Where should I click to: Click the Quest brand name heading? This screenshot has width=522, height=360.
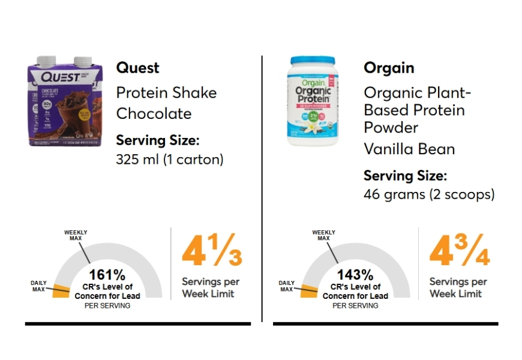click(x=138, y=68)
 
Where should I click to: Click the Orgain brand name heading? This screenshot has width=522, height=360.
click(x=389, y=68)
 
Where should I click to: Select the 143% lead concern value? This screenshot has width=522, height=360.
click(x=355, y=275)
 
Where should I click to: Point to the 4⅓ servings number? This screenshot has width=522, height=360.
click(x=212, y=253)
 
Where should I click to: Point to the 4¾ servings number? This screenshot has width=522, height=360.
click(x=459, y=253)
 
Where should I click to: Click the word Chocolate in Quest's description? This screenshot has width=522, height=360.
click(x=154, y=113)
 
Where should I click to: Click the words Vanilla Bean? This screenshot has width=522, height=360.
click(x=409, y=149)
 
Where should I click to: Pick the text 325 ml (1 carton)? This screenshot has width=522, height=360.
click(x=169, y=160)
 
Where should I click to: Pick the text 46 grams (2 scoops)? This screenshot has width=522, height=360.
click(x=429, y=195)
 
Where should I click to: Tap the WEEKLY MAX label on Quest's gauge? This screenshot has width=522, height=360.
click(x=76, y=235)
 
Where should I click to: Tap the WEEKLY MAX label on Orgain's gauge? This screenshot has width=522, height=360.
click(x=323, y=235)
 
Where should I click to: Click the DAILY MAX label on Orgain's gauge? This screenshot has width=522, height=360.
click(x=287, y=286)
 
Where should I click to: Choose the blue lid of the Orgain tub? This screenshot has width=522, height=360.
click(x=312, y=61)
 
